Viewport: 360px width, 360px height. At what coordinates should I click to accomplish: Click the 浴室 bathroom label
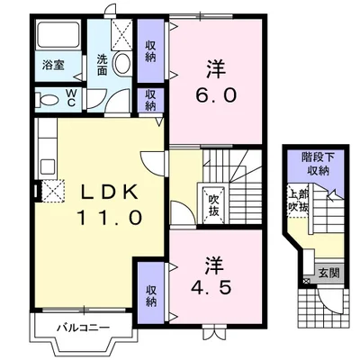[53, 65]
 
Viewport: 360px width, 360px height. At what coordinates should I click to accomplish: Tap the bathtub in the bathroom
[58, 34]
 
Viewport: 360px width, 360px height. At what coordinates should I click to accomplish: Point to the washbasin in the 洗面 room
[122, 63]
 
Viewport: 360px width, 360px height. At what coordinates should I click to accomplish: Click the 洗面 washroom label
[102, 65]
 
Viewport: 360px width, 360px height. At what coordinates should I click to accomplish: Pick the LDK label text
[110, 192]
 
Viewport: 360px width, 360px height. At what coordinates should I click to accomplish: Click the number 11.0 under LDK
[110, 218]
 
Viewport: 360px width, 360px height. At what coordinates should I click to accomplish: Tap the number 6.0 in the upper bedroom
[216, 95]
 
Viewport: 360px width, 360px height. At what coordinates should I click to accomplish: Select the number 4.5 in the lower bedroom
[211, 288]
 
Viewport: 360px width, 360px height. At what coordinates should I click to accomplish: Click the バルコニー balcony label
[84, 328]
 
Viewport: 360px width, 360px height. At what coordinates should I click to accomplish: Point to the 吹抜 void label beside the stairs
[213, 205]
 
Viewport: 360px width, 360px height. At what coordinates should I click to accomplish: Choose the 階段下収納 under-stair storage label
[319, 164]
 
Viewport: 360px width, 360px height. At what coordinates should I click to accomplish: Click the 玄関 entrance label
[329, 273]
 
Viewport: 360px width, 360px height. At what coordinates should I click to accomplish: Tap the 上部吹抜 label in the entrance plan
[298, 201]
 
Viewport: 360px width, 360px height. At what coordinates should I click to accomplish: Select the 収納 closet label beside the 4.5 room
[151, 295]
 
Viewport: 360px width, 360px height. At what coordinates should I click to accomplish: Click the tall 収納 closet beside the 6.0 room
[151, 51]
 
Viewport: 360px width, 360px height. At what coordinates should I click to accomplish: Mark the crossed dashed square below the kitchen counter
[53, 191]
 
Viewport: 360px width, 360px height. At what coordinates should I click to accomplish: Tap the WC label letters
[71, 98]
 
